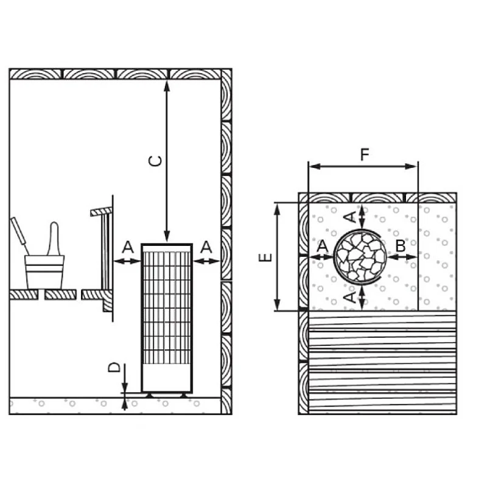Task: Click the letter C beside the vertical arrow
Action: pos(156,161)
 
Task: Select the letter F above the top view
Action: pos(364,155)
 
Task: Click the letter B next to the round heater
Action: pos(400,246)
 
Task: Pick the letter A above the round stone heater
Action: pos(349,217)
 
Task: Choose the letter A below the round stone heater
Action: pos(349,296)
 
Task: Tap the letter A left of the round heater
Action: pos(322,246)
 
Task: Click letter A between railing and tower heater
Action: pos(127,247)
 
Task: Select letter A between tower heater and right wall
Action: pos(206,247)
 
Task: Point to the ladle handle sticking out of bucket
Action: pos(54,237)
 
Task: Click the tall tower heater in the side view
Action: pos(167,317)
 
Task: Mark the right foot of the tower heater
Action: pos(184,395)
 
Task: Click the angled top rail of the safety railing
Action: pos(102,211)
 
